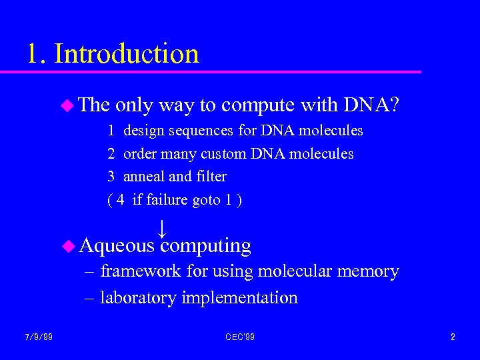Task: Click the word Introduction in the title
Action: click(x=127, y=53)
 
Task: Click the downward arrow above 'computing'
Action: click(x=162, y=229)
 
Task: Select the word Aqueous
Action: click(x=117, y=246)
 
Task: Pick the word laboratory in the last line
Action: click(x=138, y=297)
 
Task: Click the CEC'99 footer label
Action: click(x=240, y=337)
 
